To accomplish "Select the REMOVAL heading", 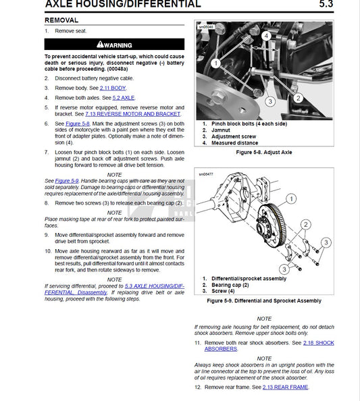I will pos(61,20).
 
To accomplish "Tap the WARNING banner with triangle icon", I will pos(114,45).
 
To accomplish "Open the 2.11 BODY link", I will pos(113,88).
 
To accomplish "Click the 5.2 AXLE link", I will pos(123,97).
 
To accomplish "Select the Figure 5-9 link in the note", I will pos(66,181).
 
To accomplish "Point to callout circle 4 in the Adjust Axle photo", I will pos(267,35).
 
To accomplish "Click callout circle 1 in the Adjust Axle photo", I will pos(215,62).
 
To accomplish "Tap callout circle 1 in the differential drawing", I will pos(291,198).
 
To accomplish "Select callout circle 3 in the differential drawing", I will pos(325,242).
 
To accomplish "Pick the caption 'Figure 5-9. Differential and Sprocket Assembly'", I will pos(263,300).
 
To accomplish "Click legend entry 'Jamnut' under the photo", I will pos(222,130).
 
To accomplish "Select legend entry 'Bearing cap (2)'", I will pos(233,285).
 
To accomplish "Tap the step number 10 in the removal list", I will pos(48,250).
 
